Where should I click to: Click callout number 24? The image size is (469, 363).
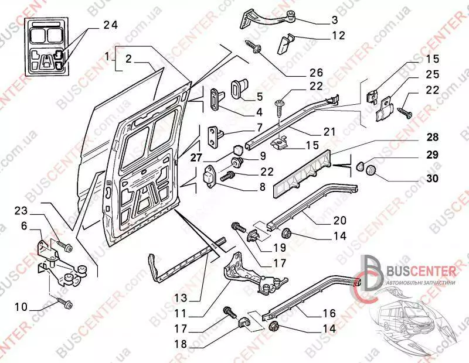110,25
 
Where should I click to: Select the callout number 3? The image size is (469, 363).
335,20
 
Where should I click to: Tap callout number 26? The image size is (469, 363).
316,73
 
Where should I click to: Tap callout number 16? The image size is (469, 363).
328,313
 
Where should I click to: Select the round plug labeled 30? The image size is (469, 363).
370,170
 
